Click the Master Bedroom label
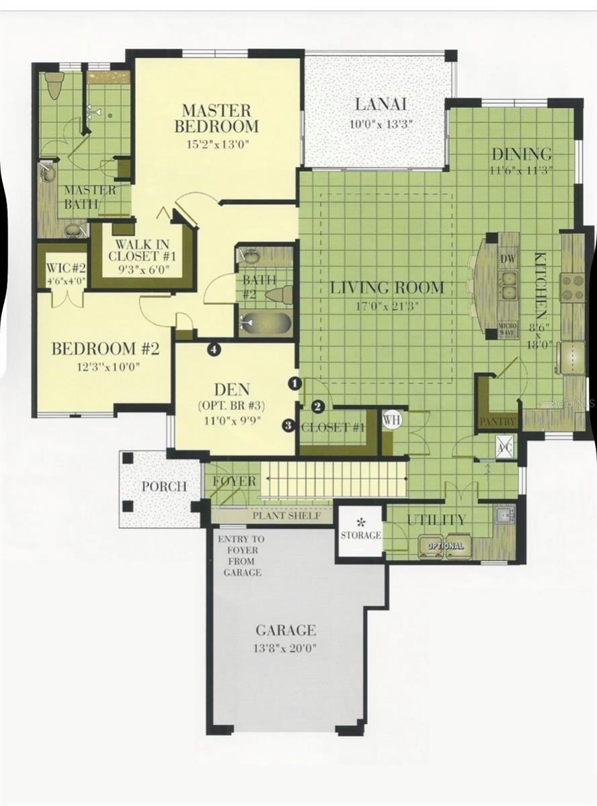click(x=216, y=118)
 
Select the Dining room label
click(x=521, y=154)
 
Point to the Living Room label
click(x=387, y=288)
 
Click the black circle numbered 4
click(x=214, y=349)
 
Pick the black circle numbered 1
click(x=294, y=384)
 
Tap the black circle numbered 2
click(x=319, y=406)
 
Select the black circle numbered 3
click(x=288, y=425)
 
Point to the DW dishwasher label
click(x=508, y=259)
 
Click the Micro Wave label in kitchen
click(x=508, y=328)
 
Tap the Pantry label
click(x=498, y=422)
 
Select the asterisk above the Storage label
click(x=360, y=521)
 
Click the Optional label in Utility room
click(x=445, y=545)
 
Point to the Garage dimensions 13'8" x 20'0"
click(x=286, y=649)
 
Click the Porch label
click(x=163, y=486)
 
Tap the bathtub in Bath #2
click(x=266, y=323)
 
